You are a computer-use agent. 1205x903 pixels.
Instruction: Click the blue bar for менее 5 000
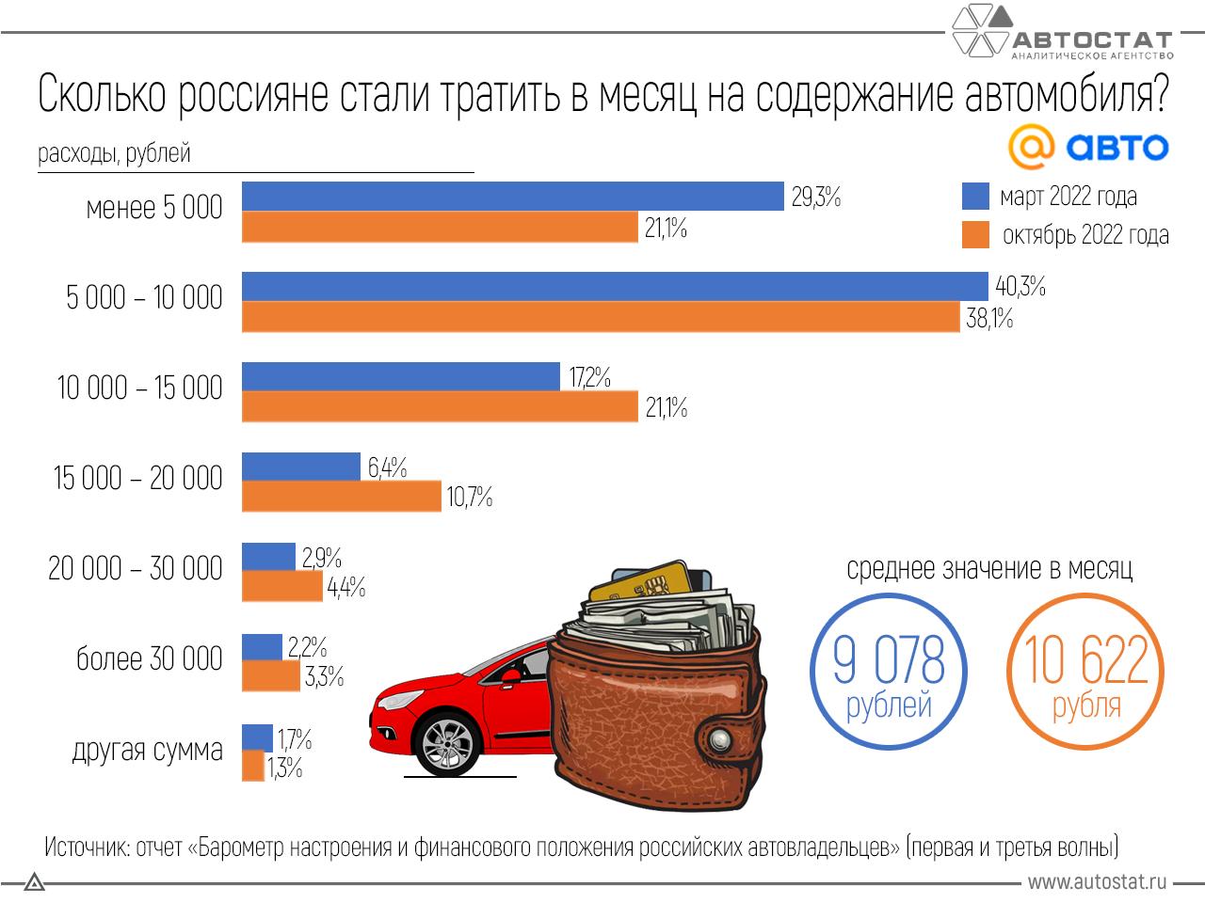[x=513, y=197]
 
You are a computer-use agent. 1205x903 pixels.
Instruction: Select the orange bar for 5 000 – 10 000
[x=601, y=318]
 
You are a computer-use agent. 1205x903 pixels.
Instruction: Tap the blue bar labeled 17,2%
[x=401, y=377]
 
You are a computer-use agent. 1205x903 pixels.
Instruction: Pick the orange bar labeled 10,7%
[x=342, y=496]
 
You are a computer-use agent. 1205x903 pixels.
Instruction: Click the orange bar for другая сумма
[x=252, y=767]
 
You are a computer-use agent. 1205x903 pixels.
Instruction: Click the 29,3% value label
[x=815, y=198]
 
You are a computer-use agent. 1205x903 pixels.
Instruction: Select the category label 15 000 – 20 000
[x=138, y=479]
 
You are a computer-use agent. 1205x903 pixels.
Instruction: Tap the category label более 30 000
[x=150, y=659]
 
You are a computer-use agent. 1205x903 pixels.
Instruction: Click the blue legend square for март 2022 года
[x=975, y=197]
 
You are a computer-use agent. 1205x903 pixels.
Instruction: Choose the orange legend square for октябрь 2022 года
[x=975, y=234]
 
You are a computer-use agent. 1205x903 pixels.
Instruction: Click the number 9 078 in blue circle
[x=888, y=660]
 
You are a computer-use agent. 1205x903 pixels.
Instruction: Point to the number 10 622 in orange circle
[x=1085, y=660]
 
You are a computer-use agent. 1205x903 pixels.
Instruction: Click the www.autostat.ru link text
[x=1097, y=882]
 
